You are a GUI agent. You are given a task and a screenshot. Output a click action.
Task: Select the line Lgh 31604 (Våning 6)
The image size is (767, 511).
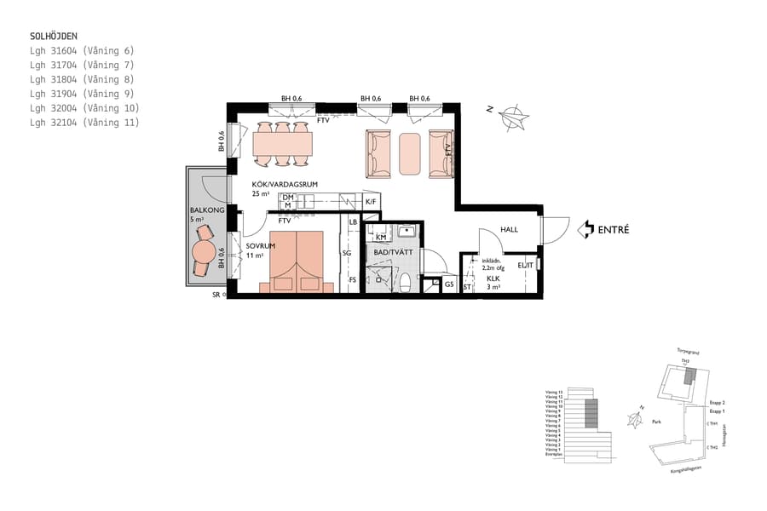(82, 51)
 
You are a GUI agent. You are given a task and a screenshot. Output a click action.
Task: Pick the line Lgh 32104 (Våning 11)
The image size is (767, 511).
(84, 123)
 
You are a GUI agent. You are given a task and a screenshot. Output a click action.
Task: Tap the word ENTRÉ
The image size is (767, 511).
(614, 230)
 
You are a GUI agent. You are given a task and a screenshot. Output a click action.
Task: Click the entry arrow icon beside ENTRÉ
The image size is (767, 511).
(585, 230)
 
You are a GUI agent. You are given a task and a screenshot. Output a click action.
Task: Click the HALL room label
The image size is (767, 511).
(509, 229)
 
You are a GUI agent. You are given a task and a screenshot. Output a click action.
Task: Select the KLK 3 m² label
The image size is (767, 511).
(493, 283)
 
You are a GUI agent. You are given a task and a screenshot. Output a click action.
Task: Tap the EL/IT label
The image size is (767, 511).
(525, 266)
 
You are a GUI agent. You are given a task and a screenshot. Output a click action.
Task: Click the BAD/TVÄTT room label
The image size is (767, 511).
(392, 253)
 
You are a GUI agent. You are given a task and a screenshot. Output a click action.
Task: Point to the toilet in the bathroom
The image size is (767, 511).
(406, 282)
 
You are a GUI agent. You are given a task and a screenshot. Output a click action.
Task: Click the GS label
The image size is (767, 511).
(448, 284)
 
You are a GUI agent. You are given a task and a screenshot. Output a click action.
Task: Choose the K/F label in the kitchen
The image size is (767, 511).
(371, 202)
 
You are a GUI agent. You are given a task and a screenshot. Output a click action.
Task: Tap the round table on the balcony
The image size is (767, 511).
(205, 252)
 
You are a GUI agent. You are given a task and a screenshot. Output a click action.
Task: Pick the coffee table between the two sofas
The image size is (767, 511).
(410, 153)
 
